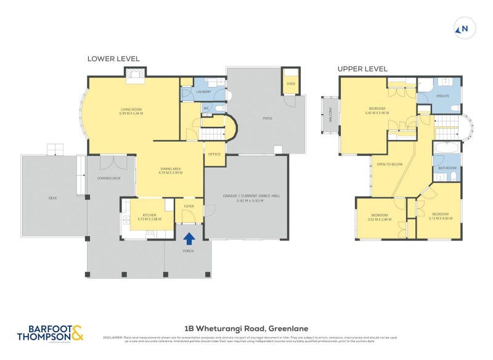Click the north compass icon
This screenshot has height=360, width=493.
pos(462,28)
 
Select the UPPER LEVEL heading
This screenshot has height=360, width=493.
pos(362,68)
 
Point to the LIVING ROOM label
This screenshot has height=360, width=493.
pos(131,111)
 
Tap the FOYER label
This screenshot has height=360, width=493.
pos(189,207)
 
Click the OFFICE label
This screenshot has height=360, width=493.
pos(214,154)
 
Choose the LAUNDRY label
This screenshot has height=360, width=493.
pos(203,92)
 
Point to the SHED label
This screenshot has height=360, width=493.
pos(290,84)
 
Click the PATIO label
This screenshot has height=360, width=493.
pos(267,118)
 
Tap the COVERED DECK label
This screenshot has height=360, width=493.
pos(108,178)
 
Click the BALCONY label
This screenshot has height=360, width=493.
pos(331,116)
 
